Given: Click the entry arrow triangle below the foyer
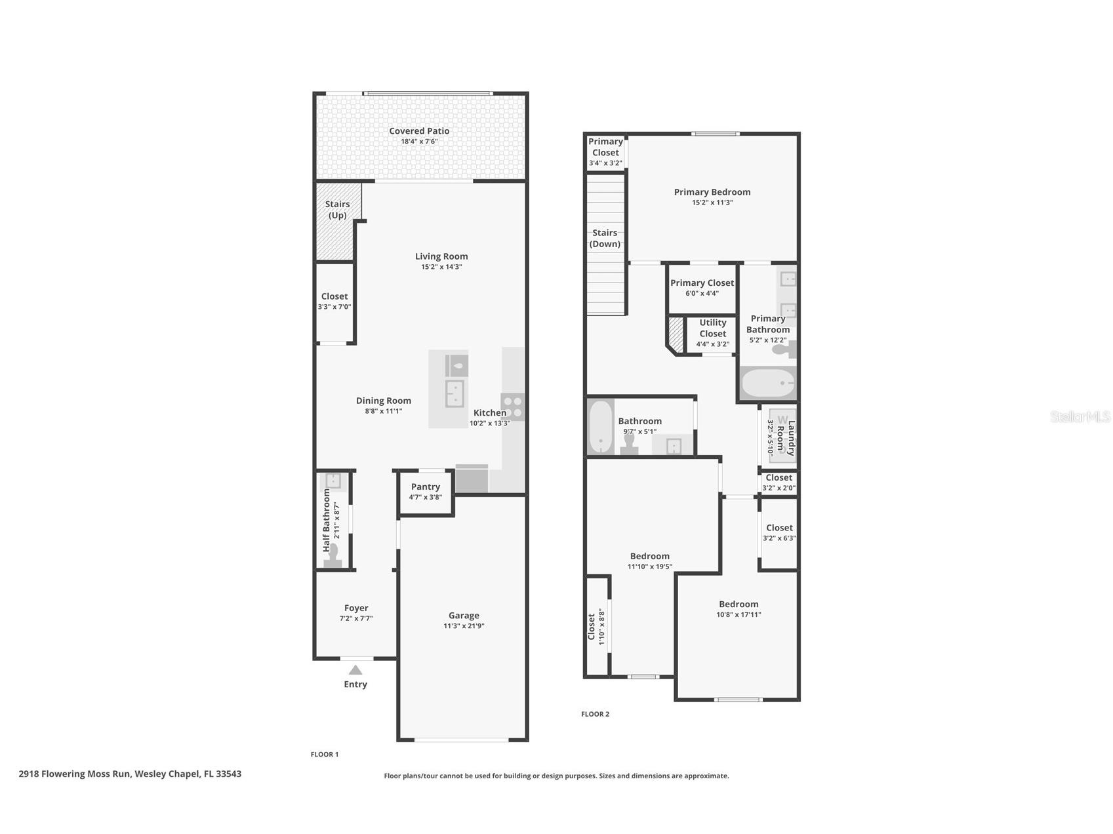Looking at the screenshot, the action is pos(355,669).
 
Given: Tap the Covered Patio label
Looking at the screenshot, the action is pos(419,131).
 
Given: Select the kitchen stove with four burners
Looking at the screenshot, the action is pos(512,407).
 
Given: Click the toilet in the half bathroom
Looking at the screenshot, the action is pos(332,555).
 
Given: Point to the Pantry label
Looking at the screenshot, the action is pos(426,486).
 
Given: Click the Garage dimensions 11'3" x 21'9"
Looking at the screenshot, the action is pos(464,626).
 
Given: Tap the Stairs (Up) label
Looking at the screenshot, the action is pos(337,210).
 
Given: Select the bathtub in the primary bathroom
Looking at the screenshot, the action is pos(767,383).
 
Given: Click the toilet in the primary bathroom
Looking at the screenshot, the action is pos(784,349).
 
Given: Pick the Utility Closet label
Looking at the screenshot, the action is pos(713,328).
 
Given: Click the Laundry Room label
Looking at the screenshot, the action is pos(786,438).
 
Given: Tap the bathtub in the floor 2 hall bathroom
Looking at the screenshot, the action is pos(600,427).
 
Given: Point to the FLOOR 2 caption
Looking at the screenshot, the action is pos(595,714).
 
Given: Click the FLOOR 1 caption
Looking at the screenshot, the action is pos(325,754).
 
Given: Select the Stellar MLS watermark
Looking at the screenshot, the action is pos(1080,416).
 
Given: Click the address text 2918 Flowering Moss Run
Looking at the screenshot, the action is pos(75,774).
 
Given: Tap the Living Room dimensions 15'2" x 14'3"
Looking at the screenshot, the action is pos(441,267).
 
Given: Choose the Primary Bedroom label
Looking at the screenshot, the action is pos(712,192).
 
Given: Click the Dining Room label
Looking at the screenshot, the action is pos(384,401).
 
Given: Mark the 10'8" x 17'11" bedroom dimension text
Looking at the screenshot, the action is pos(739,615).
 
